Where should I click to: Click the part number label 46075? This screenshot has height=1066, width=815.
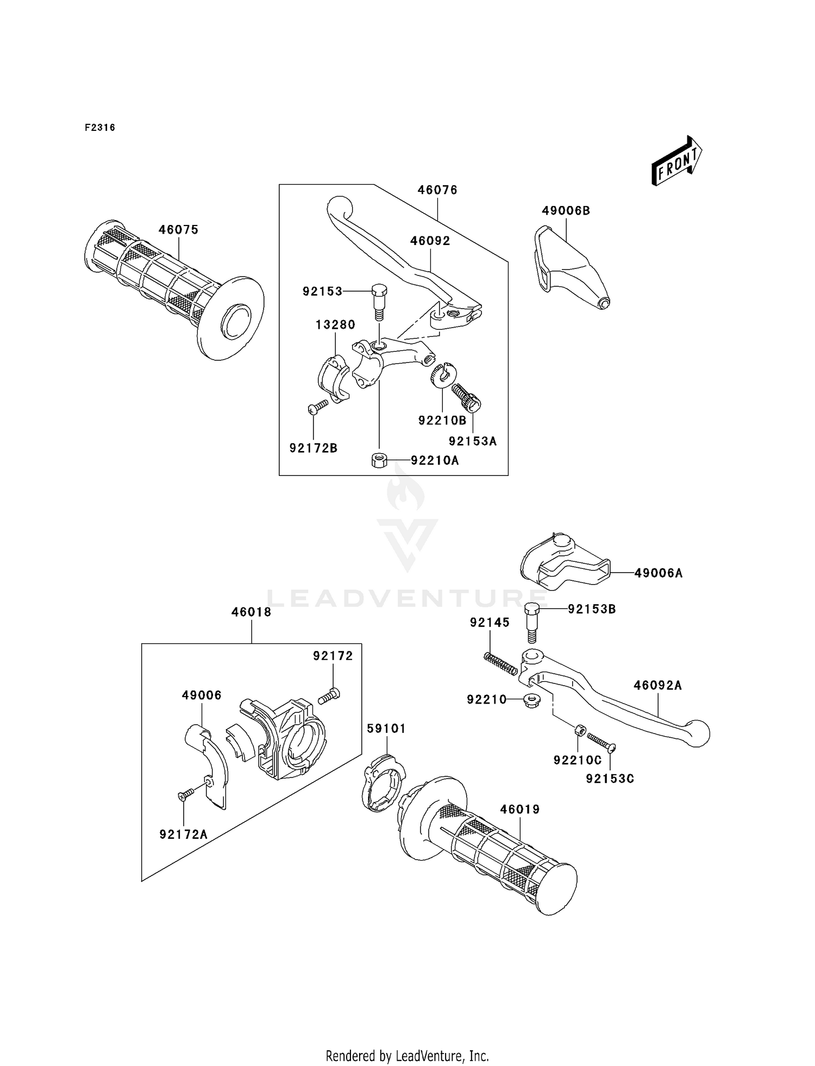pos(178,230)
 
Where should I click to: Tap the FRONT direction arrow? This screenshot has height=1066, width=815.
pos(677,161)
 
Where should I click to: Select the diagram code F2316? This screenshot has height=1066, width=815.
pos(99,128)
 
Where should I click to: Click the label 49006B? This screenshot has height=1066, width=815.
pos(566,211)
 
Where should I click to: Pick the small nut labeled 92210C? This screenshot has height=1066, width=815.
pos(580,730)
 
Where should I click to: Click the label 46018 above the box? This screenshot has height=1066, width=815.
pos(251,612)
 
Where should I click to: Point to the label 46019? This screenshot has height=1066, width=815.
pos(520,810)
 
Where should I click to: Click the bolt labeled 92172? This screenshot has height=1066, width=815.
pos(329,696)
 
